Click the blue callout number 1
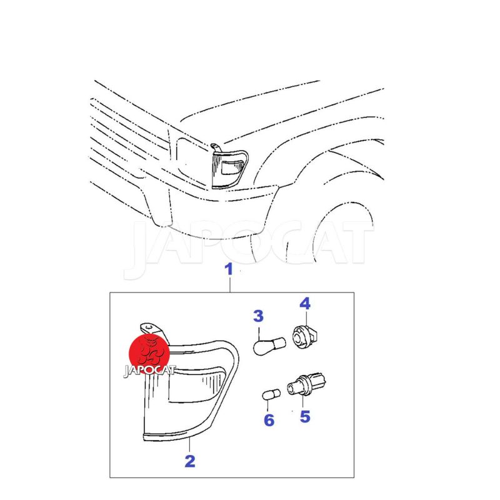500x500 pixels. pos(229,269)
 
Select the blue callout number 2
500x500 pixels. pos(190,461)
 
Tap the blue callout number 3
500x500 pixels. pos(258,316)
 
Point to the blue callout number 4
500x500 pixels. pos(305,304)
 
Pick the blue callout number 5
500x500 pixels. pos(305,417)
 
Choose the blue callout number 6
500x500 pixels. pos(269,420)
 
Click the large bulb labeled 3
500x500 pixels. pos(269,346)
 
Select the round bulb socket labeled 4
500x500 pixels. pos(305,336)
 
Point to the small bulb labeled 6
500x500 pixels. pos(271,394)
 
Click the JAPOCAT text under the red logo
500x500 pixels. pos(149,370)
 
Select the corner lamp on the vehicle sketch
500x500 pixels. pos(229,169)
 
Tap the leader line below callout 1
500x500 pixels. pos(230,284)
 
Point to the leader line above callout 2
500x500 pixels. pos(190,445)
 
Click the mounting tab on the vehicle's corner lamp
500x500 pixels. pos(216,148)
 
